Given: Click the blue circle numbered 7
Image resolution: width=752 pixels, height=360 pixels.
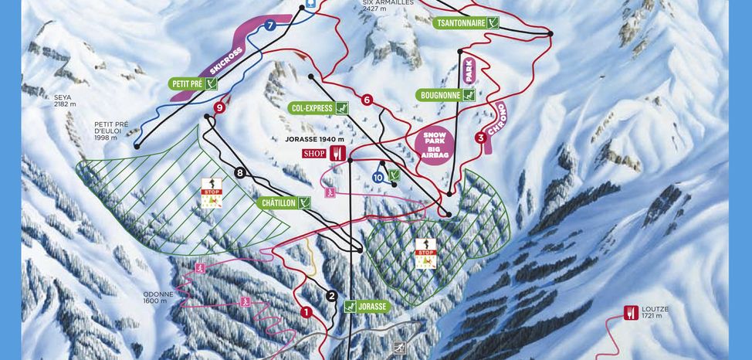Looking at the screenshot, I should click(x=269, y=25).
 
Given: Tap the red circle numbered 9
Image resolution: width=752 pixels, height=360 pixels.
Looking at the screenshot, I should click(x=220, y=108).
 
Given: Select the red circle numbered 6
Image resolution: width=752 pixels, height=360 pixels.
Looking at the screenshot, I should click(x=367, y=100).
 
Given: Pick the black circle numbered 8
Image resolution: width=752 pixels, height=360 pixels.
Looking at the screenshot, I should click(x=239, y=172).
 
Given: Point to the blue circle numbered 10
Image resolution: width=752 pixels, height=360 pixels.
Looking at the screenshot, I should click(x=378, y=177).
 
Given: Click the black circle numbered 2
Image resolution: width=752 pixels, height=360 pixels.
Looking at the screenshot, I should click(x=332, y=295).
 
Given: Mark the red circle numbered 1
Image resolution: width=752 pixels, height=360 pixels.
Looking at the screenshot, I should click(x=306, y=313).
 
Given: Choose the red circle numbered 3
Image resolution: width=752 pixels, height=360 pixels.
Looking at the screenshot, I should click(x=480, y=138).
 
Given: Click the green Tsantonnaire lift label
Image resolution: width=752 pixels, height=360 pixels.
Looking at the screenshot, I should click(x=466, y=23).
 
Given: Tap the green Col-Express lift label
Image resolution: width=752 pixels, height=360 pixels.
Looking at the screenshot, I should click(x=320, y=107).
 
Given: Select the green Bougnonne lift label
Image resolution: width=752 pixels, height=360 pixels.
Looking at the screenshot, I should click(x=444, y=95).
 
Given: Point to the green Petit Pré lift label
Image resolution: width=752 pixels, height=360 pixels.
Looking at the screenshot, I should click(x=193, y=83).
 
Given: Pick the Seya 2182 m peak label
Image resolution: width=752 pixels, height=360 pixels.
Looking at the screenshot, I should click(x=64, y=100).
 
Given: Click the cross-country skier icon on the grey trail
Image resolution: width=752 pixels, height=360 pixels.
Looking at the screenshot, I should click(x=399, y=348).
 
